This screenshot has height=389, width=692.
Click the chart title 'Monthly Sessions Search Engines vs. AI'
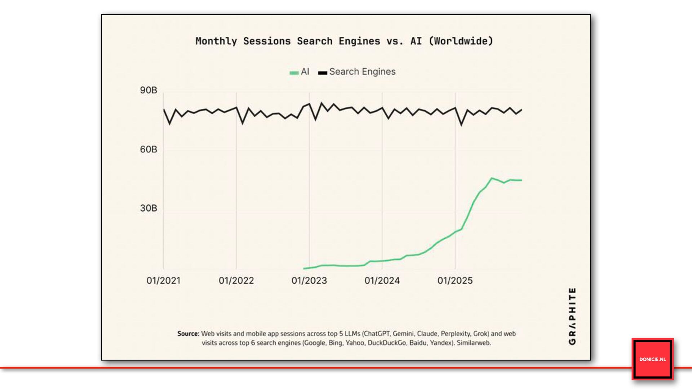tap(344, 41)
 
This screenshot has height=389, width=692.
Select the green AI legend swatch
tap(294, 73)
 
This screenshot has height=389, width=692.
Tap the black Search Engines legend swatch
tap(322, 73)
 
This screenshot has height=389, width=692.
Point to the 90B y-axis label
tap(148, 90)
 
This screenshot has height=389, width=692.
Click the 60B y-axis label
tap(148, 149)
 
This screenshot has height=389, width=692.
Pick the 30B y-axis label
tap(148, 208)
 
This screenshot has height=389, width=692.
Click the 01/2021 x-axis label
tap(163, 281)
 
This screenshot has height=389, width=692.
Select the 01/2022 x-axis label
tap(236, 281)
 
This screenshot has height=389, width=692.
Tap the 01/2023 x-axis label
tap(309, 281)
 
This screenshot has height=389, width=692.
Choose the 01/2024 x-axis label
tap(382, 281)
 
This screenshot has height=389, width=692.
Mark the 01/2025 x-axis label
tap(455, 281)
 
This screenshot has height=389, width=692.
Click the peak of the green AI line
tap(492, 178)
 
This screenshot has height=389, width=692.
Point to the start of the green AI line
tap(304, 268)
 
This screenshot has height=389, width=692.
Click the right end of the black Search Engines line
tap(522, 109)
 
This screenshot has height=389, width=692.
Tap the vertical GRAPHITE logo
tap(572, 316)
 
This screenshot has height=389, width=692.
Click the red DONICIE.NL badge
tap(652, 359)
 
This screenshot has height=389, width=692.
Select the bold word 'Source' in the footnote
tap(188, 334)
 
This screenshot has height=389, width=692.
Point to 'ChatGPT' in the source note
tap(377, 334)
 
